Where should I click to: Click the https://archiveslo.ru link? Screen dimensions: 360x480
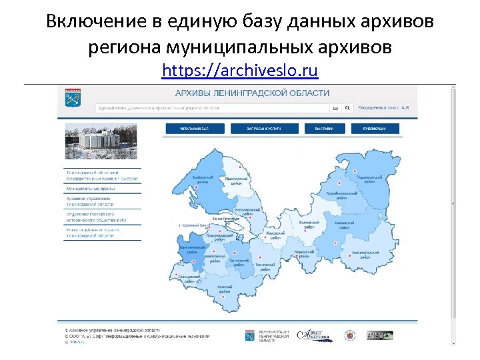[240, 71]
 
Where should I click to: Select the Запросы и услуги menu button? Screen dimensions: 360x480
[263, 129]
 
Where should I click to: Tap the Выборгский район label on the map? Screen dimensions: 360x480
[203, 181]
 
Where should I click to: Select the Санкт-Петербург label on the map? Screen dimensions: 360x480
[226, 218]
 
